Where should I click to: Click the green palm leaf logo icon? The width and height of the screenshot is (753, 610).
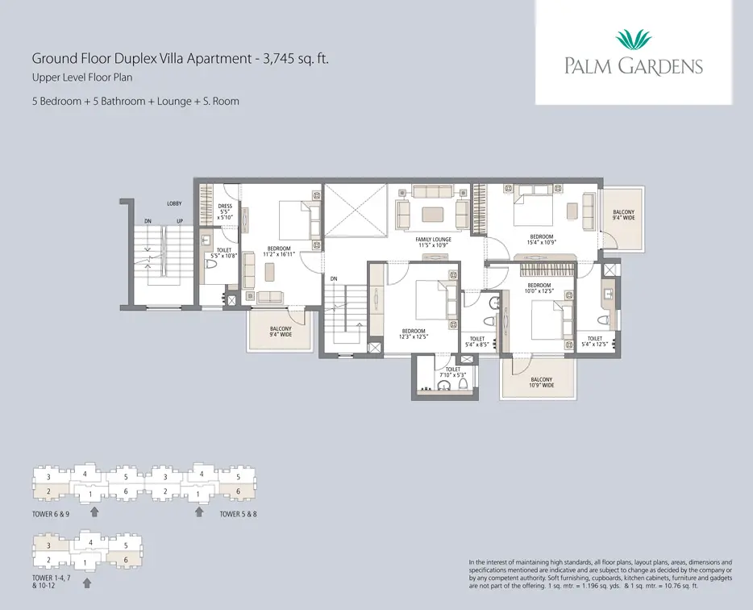pyautogui.click(x=633, y=40)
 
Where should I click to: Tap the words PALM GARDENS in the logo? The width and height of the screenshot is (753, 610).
pyautogui.click(x=633, y=67)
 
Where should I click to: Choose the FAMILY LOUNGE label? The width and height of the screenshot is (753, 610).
pyautogui.click(x=433, y=240)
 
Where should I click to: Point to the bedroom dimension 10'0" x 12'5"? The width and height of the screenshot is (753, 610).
pyautogui.click(x=539, y=290)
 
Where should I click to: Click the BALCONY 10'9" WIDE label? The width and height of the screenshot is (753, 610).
pyautogui.click(x=541, y=382)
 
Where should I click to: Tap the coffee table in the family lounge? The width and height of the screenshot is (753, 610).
pyautogui.click(x=433, y=214)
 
